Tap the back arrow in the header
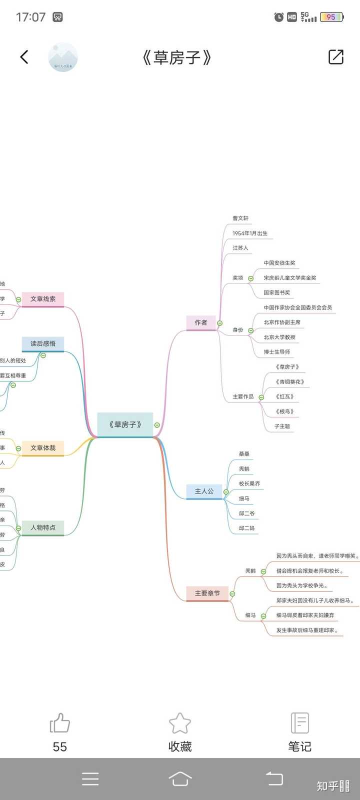pyautogui.click(x=24, y=57)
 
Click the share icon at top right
pyautogui.click(x=336, y=57)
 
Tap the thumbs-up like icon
pyautogui.click(x=60, y=723)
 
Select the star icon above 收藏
pyautogui.click(x=180, y=723)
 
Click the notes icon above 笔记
pyautogui.click(x=299, y=723)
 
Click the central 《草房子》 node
pyautogui.click(x=125, y=424)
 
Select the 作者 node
pyautogui.click(x=201, y=322)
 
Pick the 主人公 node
pyautogui.click(x=204, y=491)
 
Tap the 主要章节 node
pyautogui.click(x=207, y=593)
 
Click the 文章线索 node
pyautogui.click(x=43, y=299)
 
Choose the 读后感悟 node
pyautogui.click(x=43, y=343)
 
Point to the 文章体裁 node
pyautogui.click(x=43, y=448)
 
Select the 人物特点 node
pyautogui.click(x=43, y=527)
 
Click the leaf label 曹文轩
pyautogui.click(x=240, y=218)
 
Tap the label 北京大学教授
pyautogui.click(x=279, y=337)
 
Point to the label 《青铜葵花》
pyautogui.click(x=289, y=382)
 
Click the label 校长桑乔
pyautogui.click(x=249, y=484)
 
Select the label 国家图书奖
pyautogui.click(x=277, y=293)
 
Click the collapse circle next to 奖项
pyautogui.click(x=251, y=278)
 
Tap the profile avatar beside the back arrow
pyautogui.click(x=63, y=57)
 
